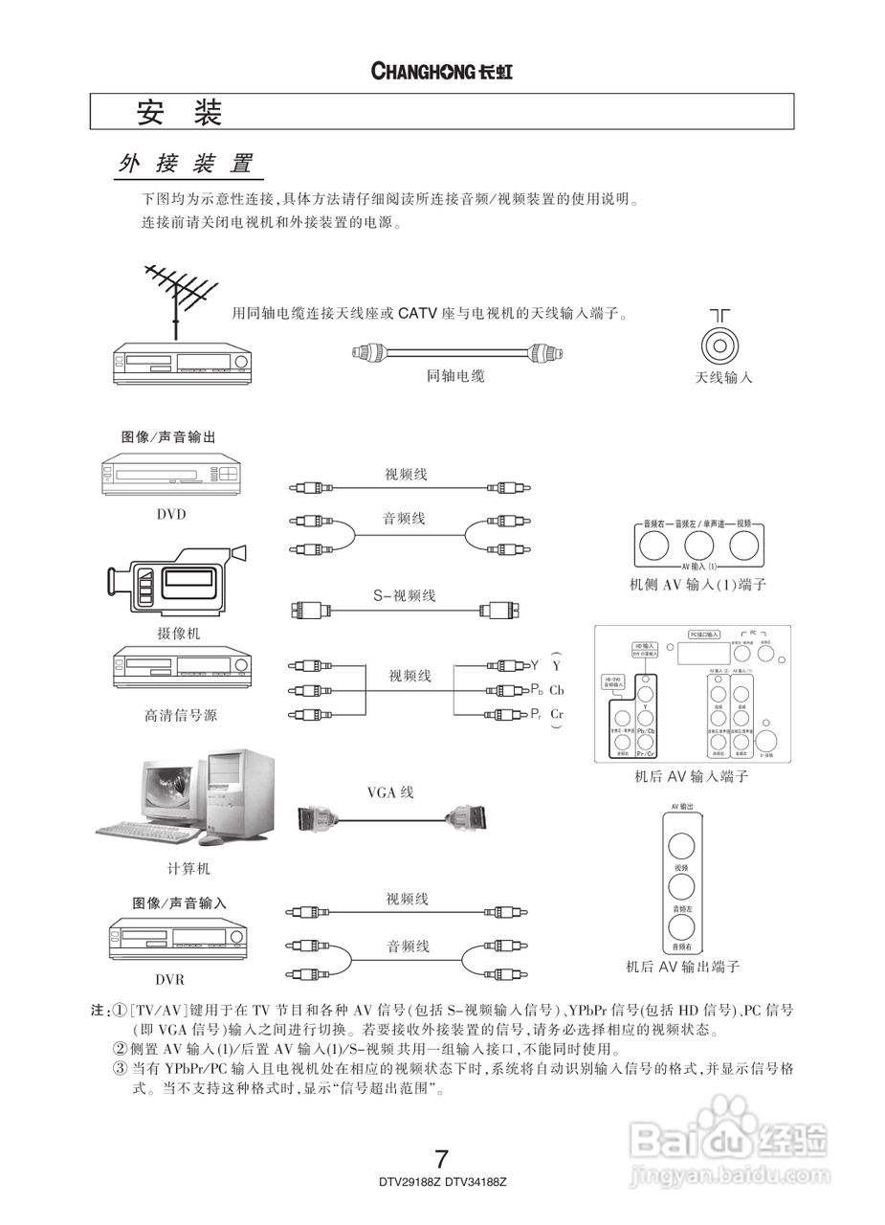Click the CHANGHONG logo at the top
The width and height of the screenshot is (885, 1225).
441,72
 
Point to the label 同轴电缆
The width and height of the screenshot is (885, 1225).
455,376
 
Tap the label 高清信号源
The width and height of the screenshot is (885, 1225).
181,715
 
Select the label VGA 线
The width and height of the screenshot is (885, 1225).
390,792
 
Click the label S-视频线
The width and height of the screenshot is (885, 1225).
404,595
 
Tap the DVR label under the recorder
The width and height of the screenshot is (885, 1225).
170,980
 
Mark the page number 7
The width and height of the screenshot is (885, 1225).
441,1158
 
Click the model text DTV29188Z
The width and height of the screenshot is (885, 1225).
409,1183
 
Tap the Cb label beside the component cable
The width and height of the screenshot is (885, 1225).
557,690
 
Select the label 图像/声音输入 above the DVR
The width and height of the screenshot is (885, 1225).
180,902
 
